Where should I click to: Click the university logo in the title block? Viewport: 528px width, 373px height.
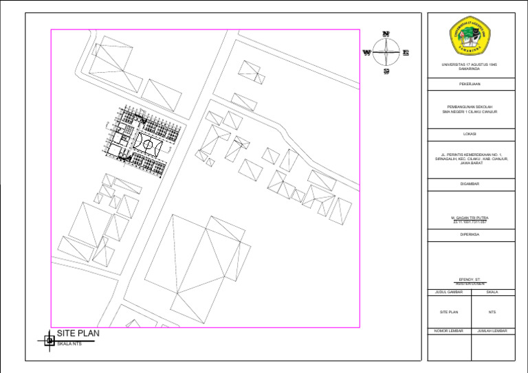470,37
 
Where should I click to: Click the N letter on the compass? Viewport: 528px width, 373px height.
386,34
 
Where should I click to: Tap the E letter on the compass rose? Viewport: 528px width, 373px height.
406,52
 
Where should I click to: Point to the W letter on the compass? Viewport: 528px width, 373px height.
367,52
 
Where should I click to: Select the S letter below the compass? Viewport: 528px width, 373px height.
386,71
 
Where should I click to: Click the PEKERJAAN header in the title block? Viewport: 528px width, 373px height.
470,84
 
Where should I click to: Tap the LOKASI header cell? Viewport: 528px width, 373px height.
470,133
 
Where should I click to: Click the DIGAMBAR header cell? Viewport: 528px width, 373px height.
470,184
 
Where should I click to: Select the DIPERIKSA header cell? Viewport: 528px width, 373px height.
470,234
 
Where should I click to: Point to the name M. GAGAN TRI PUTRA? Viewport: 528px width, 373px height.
470,218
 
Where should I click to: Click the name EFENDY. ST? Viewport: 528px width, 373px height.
470,280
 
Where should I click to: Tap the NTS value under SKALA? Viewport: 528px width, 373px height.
492,311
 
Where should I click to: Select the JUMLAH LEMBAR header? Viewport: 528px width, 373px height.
492,330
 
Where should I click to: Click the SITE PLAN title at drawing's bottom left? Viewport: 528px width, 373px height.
78,333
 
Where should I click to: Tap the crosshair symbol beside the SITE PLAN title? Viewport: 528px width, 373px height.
49,339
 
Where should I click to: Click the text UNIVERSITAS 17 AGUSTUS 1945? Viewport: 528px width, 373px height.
470,65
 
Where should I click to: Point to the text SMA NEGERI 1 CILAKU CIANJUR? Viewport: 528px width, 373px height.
470,111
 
